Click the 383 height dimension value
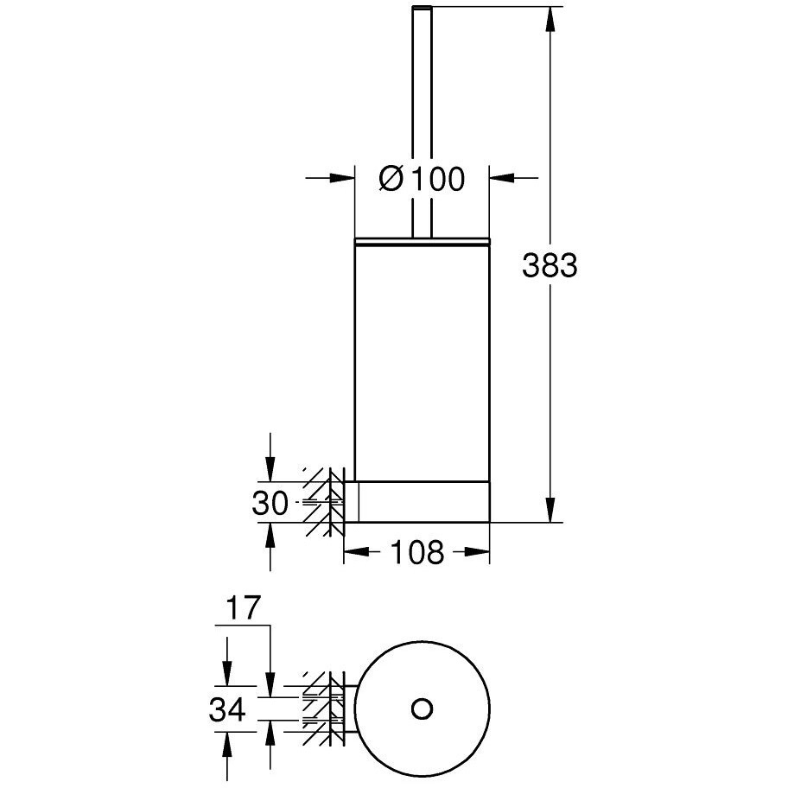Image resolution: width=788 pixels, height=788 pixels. click(550, 265)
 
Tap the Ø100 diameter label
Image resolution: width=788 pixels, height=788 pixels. click(422, 178)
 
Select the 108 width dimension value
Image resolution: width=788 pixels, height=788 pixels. click(417, 552)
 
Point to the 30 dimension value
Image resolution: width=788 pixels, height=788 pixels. click(270, 503)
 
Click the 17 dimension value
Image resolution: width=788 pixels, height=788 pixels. click(244, 607)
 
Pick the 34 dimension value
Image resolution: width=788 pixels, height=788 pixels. click(227, 710)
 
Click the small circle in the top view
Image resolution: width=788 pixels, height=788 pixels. click(421, 709)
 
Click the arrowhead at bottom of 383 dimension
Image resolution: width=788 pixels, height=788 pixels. click(550, 510)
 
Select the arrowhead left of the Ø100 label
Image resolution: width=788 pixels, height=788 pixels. click(342, 177)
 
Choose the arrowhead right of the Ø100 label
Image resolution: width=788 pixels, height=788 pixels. click(502, 177)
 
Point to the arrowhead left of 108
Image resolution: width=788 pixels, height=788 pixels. click(356, 552)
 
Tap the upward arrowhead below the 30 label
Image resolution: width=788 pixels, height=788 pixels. click(270, 535)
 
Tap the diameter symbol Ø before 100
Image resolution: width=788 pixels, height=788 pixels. click(391, 178)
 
